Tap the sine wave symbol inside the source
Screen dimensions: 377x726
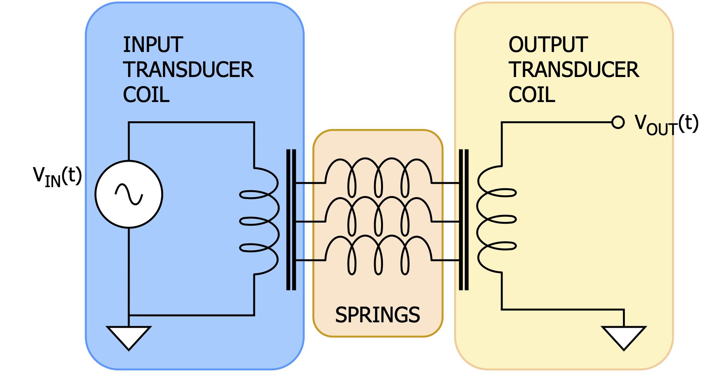[x=129, y=194]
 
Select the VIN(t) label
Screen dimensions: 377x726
[x=57, y=177]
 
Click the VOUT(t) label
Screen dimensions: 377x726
[x=666, y=125]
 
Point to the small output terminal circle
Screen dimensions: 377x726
[x=618, y=122]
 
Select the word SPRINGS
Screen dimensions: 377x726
[x=377, y=315]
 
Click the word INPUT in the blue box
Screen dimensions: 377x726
[x=153, y=45]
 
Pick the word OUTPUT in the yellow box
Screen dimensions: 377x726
[x=548, y=45]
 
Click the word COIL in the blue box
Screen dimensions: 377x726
[x=146, y=95]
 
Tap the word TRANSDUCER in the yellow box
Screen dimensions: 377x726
[x=574, y=70]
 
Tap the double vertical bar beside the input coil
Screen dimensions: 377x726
[x=291, y=219]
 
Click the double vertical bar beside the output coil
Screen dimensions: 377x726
[x=464, y=219]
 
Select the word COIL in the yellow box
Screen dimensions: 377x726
[x=532, y=95]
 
